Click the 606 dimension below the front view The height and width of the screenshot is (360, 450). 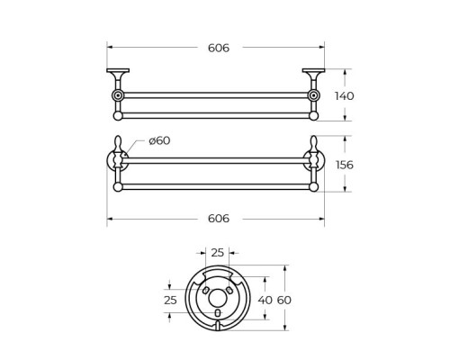217,219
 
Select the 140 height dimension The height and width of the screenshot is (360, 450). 343,95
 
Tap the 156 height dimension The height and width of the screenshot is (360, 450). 343,165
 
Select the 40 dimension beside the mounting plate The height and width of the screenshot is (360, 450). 264,300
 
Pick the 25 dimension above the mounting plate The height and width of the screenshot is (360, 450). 217,254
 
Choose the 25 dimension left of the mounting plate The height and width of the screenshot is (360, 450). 171,300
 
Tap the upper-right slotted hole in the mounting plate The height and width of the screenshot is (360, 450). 229,291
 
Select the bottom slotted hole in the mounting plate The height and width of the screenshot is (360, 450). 217,312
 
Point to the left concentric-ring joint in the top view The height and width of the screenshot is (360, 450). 118,95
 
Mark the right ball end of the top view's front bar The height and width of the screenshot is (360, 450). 313,115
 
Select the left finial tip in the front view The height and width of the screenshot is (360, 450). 118,141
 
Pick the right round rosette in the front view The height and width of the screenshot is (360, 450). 313,161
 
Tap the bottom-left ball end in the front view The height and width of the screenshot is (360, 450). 118,187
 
